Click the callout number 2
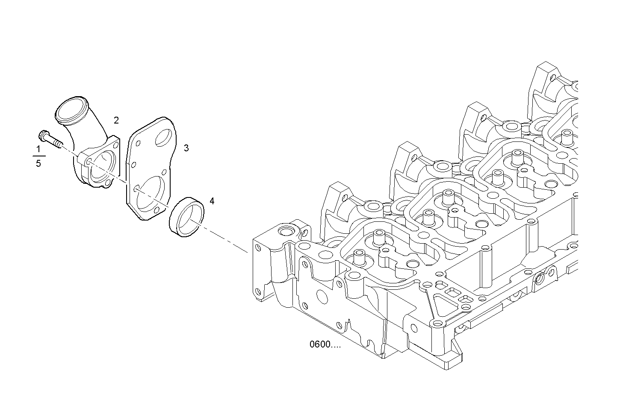coord(116,121)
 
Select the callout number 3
coord(186,148)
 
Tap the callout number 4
coord(212,201)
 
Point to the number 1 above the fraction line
coord(38,149)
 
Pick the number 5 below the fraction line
coord(38,164)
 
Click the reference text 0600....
coord(325,345)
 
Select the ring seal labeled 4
coord(186,217)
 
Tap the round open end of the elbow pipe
coord(71,110)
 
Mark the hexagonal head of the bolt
coord(43,136)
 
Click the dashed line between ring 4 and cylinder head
coord(227,241)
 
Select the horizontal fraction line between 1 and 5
coord(38,156)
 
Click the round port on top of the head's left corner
coord(284,233)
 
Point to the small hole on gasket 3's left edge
coord(133,164)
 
